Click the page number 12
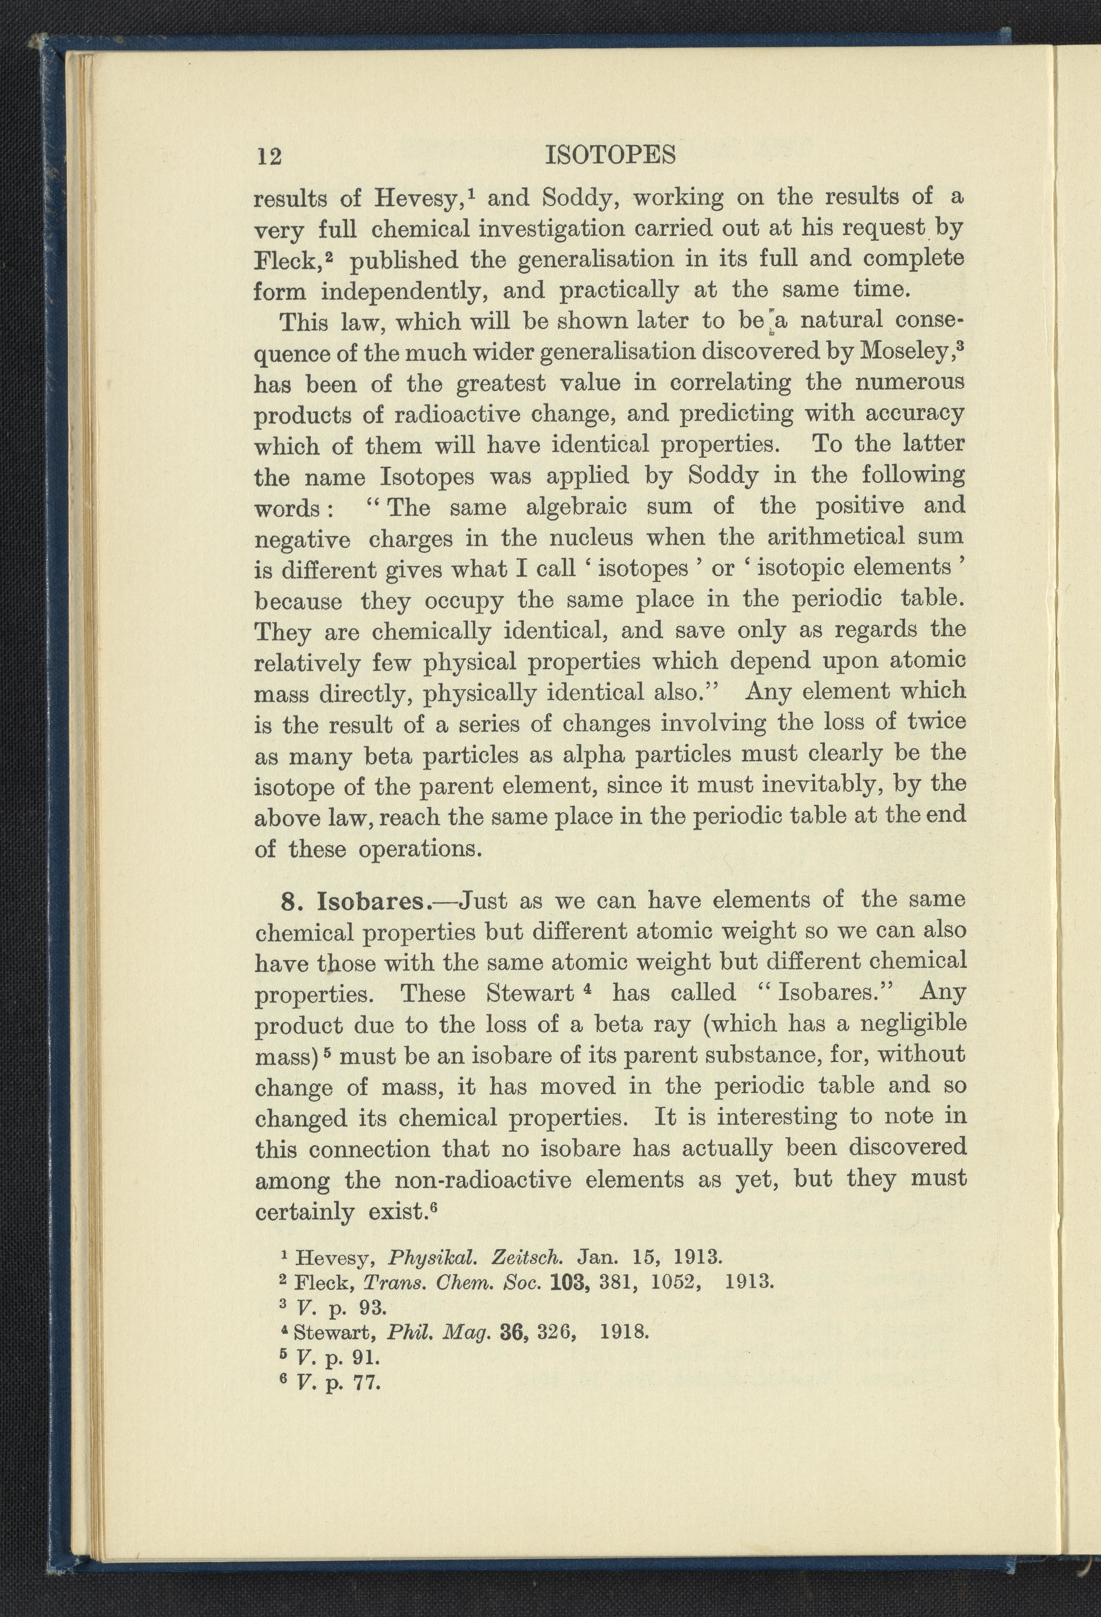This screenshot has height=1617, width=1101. pos(269,156)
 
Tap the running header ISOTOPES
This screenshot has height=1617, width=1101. pos(610,154)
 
